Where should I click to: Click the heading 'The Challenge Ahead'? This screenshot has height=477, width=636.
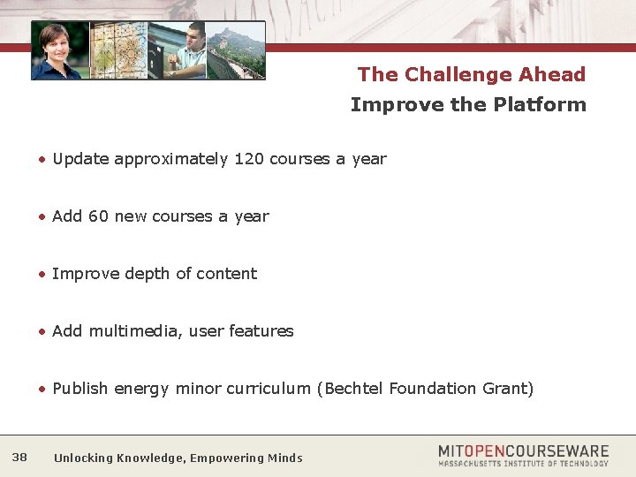click(471, 74)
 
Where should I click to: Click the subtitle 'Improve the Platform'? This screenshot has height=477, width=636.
click(467, 104)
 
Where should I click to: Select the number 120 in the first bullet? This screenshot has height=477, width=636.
click(249, 159)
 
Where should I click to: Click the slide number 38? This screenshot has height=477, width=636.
click(19, 457)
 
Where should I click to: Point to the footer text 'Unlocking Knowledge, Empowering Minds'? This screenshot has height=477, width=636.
click(178, 458)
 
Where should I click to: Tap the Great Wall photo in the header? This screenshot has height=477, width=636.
click(236, 51)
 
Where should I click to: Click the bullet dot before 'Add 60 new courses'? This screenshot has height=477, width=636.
click(42, 217)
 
